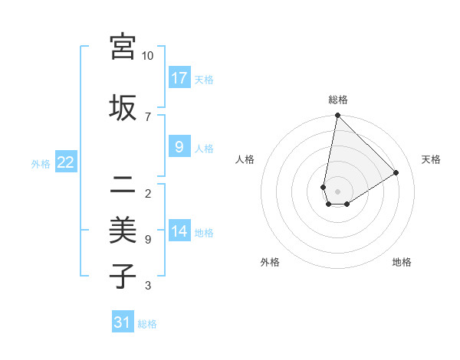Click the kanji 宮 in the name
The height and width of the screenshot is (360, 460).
click(x=123, y=47)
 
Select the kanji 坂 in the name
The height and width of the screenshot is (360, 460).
click(x=123, y=107)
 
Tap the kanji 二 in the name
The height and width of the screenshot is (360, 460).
click(x=123, y=185)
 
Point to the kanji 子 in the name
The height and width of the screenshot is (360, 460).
click(x=123, y=276)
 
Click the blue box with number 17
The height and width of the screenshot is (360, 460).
click(x=179, y=78)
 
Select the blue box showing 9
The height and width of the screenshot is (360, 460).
click(x=179, y=147)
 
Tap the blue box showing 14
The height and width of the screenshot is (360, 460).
click(x=179, y=231)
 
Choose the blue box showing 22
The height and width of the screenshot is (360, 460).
click(x=66, y=162)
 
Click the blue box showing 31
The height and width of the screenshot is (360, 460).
click(x=123, y=322)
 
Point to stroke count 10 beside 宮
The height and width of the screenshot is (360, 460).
click(x=148, y=56)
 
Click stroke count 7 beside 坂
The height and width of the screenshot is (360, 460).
click(x=148, y=116)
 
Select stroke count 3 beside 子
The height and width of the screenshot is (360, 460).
click(x=148, y=286)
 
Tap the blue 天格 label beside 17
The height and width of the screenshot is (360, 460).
click(x=204, y=79)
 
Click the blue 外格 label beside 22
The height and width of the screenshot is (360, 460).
click(x=41, y=163)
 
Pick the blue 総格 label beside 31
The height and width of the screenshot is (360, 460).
click(x=147, y=324)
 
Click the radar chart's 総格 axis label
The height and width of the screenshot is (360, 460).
click(x=338, y=100)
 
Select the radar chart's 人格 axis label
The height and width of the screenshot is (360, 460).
click(x=245, y=159)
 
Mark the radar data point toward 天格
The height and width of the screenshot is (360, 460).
click(x=396, y=172)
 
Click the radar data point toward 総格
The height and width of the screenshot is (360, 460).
click(x=337, y=116)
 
